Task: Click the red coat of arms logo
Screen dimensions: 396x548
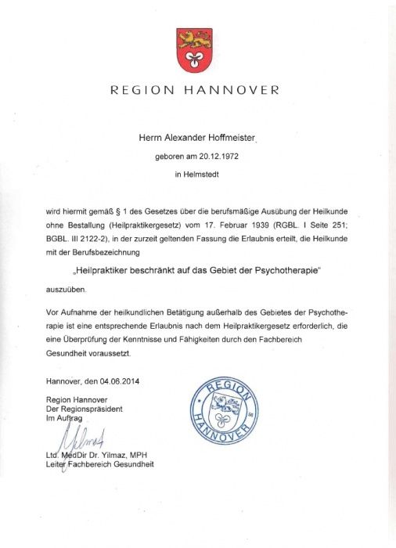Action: [x=194, y=49]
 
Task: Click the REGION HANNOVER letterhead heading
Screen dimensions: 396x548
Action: [x=195, y=90]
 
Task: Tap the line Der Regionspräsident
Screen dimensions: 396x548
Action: [x=85, y=409]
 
